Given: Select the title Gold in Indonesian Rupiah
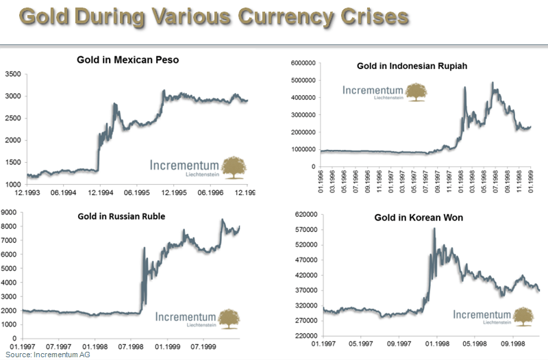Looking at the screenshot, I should [403, 66].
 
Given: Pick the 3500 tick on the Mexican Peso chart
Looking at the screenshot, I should [14, 73].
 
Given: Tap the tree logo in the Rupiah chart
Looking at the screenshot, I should [415, 92].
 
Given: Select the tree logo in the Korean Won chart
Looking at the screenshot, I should [523, 316].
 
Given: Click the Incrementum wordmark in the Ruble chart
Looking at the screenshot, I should [185, 317].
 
